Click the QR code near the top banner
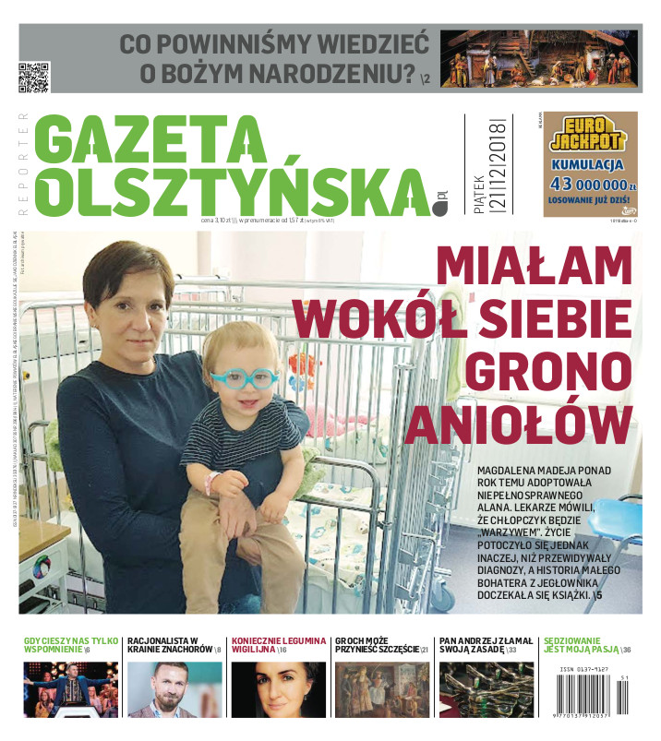click(33, 78)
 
